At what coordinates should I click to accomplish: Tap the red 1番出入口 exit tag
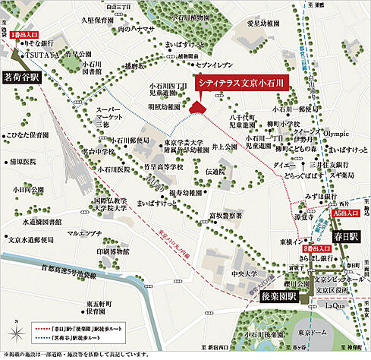(x=24, y=36)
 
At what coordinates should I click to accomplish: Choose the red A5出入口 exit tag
(x=345, y=215)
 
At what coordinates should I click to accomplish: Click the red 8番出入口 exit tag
(x=316, y=248)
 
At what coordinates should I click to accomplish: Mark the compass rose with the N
(x=16, y=332)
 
